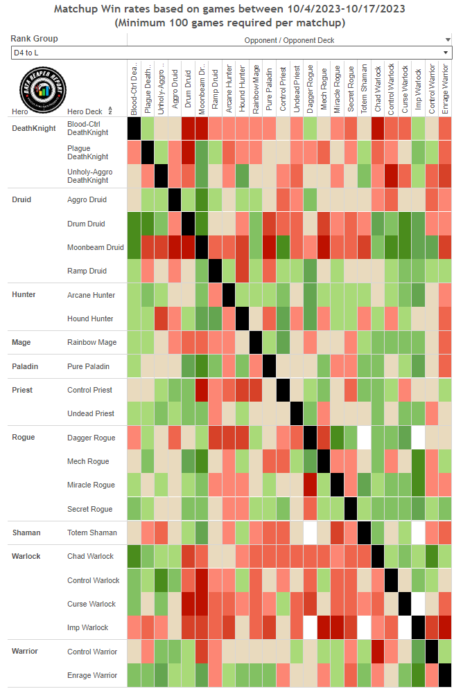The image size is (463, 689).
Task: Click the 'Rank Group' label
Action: pos(35,39)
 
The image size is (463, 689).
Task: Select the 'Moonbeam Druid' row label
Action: pos(96,247)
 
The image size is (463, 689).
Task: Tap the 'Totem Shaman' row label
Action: pos(92,533)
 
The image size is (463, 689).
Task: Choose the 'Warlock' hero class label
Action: pos(26,556)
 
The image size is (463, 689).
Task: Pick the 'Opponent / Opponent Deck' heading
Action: pos(289,41)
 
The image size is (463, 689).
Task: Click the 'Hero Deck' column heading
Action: pos(85,111)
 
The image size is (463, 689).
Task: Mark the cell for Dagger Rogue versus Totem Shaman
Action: pos(364,438)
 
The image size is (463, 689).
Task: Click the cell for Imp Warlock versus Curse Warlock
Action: pos(404,627)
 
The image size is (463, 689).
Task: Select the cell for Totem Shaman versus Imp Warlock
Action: pos(418,533)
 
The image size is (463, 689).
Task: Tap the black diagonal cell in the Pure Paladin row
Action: pos(270,366)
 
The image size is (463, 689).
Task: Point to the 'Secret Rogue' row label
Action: pos(91,509)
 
